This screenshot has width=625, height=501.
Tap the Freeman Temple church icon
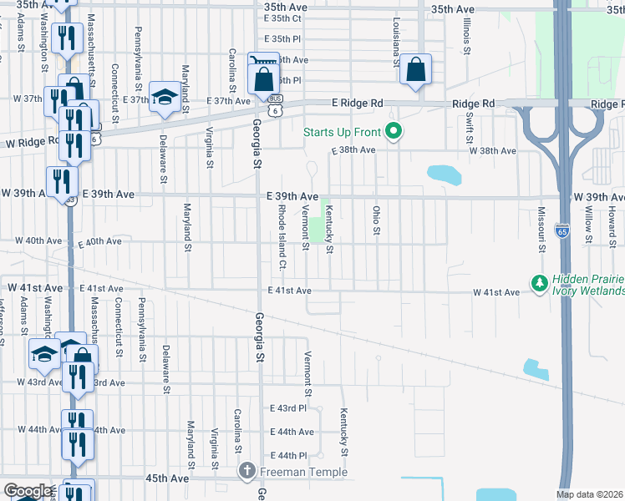(x=246, y=472)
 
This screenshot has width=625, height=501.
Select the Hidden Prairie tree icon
(x=540, y=284)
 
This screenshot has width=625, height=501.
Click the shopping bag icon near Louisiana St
(x=415, y=71)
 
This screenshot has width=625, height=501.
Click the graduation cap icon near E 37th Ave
(x=165, y=98)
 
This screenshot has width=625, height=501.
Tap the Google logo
(x=28, y=491)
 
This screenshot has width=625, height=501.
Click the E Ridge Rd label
(x=357, y=103)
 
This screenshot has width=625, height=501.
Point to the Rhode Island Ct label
(x=282, y=238)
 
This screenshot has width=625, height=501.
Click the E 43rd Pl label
(x=288, y=408)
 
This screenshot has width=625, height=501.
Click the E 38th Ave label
(x=354, y=150)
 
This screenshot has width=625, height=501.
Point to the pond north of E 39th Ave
(x=444, y=175)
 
